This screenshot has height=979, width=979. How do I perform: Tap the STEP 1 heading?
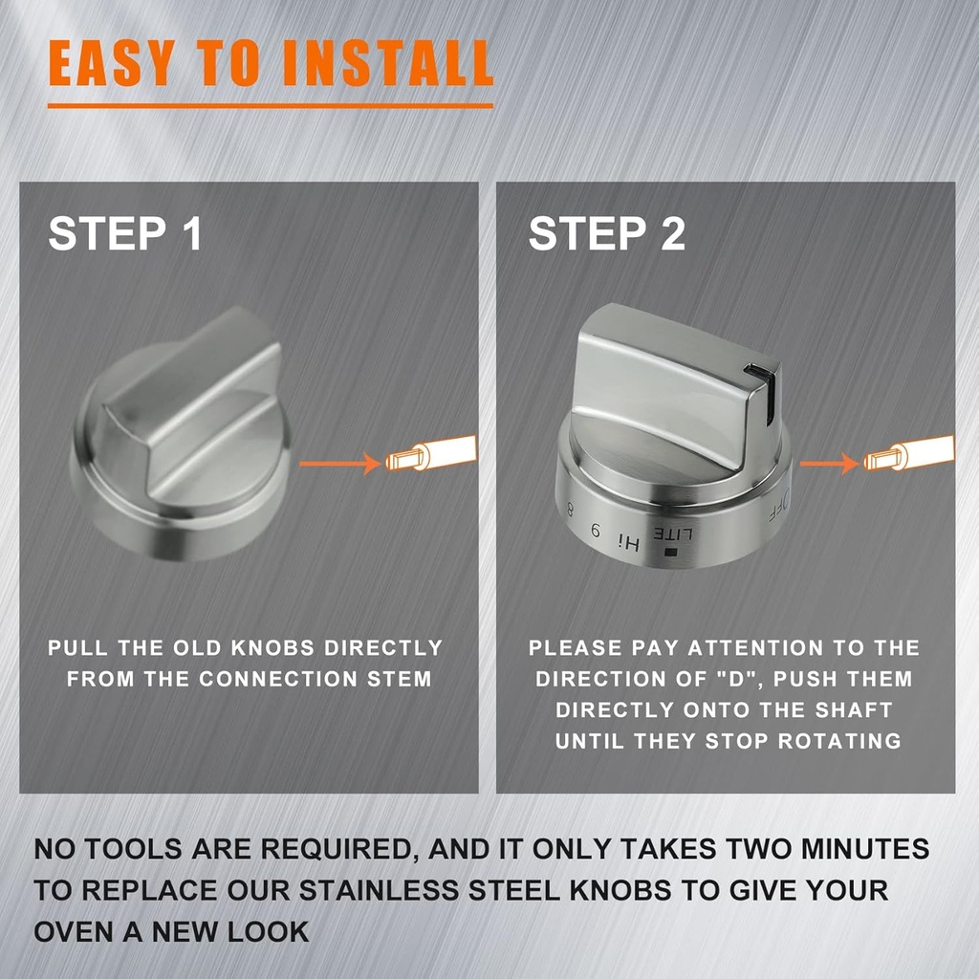click(125, 234)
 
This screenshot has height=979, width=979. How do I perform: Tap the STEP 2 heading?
click(607, 234)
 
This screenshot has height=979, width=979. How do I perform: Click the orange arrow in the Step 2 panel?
click(829, 464)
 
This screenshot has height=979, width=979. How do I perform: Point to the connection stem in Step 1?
click(430, 454)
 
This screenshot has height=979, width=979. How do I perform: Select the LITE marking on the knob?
click(670, 533)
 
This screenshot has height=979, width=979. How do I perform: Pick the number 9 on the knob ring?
click(597, 531)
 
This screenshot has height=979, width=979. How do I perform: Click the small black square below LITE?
click(669, 552)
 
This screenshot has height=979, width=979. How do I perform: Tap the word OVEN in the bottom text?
click(75, 930)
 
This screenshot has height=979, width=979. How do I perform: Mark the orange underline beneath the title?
click(270, 105)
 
